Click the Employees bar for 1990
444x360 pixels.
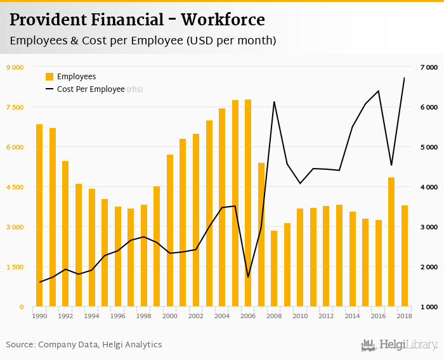39,215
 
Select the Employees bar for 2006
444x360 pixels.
248,203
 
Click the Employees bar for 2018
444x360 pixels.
405,256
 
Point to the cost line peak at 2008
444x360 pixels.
274,101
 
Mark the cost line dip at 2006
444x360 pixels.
248,277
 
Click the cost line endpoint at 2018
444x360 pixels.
405,78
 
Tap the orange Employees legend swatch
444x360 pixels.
49,77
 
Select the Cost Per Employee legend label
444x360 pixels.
91,89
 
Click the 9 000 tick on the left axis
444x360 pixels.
15,67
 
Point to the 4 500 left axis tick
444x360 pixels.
15,187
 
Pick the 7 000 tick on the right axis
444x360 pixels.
429,67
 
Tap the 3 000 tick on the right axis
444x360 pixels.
429,227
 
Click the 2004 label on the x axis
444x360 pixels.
222,316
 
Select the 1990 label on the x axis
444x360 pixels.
39,316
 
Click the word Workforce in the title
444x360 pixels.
223,20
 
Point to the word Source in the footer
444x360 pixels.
20,345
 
